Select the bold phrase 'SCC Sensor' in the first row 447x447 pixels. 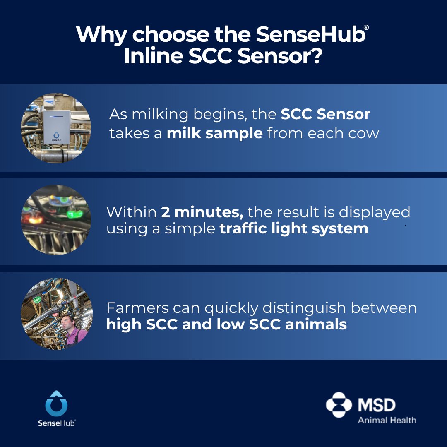tap(325, 115)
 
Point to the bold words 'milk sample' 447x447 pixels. tap(214, 134)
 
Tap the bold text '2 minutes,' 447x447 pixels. tap(202, 212)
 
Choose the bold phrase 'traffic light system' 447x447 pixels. tap(294, 228)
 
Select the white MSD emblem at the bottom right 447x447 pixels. tap(339, 405)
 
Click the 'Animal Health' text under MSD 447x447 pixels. tap(387, 421)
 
